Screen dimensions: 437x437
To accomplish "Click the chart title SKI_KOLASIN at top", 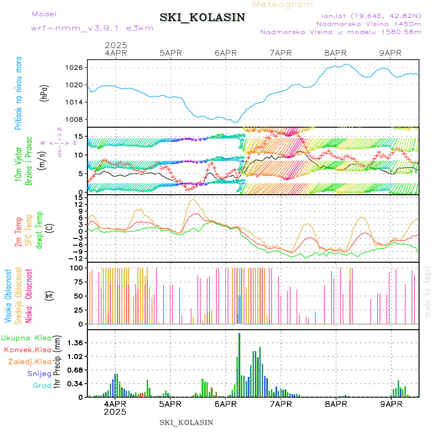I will tap(202, 17).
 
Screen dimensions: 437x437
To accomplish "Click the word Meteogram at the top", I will tap(283, 4).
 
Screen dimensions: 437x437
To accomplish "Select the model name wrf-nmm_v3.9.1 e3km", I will tap(92, 28).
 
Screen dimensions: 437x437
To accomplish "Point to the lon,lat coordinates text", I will tap(368, 16).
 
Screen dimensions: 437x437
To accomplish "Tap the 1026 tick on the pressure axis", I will tap(76, 67).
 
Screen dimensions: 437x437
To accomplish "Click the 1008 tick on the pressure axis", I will tap(76, 119).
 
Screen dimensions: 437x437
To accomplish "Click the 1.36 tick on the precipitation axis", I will tap(75, 343).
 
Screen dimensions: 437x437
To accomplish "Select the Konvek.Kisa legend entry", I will tap(27, 350).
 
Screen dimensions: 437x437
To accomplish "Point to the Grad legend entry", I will tap(42, 386).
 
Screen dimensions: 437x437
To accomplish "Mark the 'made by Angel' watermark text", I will tap(428, 291).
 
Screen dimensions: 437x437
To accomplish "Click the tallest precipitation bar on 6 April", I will tap(239, 364).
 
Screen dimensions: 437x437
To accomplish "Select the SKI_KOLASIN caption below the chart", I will tap(186, 422).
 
